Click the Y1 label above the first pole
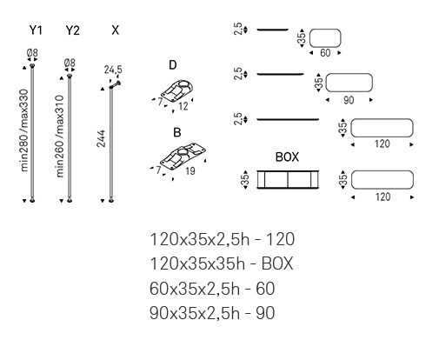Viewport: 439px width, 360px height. click(36, 30)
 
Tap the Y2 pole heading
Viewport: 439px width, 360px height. click(72, 30)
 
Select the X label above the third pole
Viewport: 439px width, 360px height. click(116, 30)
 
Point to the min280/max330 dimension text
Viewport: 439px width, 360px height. click(25, 130)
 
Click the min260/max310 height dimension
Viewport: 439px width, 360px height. click(60, 136)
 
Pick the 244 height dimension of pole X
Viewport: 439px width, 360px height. click(101, 139)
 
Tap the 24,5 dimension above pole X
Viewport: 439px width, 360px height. click(113, 70)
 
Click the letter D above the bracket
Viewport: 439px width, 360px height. click(173, 65)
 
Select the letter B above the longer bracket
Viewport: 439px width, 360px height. click(177, 132)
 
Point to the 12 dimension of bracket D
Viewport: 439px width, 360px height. click(183, 106)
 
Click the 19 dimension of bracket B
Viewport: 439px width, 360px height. click(190, 171)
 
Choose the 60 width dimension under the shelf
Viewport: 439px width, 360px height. click(325, 53)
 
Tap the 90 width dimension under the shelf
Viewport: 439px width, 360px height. click(349, 100)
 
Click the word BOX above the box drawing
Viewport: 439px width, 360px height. click(287, 157)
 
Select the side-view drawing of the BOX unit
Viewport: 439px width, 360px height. click(288, 180)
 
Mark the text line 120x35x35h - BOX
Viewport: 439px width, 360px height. click(222, 263)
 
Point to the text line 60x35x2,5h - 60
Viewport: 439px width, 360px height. click(212, 289)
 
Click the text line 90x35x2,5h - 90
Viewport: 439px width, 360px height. click(212, 313)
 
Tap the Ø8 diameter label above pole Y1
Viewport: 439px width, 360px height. click(32, 53)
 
